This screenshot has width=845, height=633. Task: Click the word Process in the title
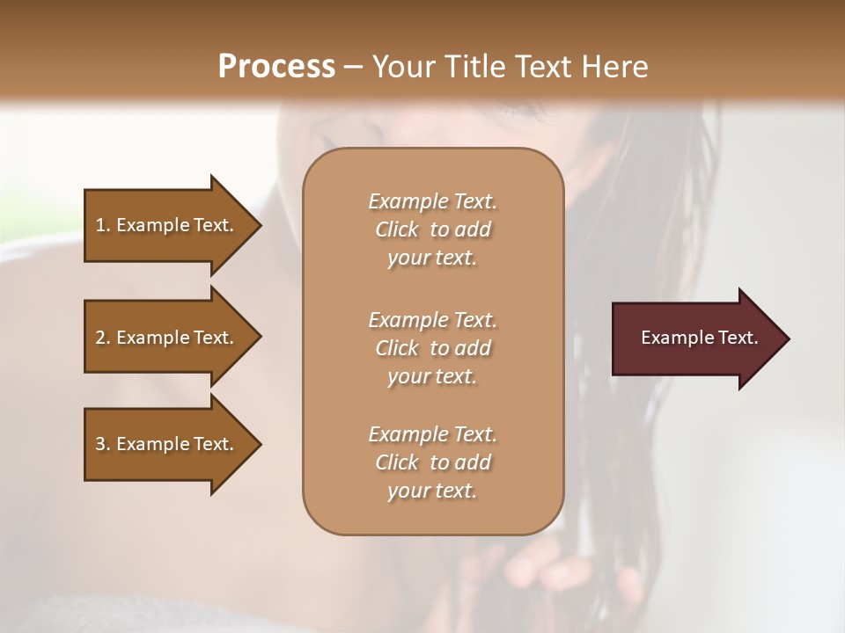pos(276,67)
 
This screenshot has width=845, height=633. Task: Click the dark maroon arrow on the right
pos(695,338)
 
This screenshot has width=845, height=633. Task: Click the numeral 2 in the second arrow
pos(100,338)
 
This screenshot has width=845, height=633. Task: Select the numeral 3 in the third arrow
pos(100,444)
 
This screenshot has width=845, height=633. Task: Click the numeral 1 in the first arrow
pos(100,225)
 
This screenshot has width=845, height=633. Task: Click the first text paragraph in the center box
pos(432,229)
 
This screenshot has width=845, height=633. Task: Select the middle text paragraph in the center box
pos(432,347)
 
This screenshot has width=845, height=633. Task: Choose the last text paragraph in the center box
pos(432,462)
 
